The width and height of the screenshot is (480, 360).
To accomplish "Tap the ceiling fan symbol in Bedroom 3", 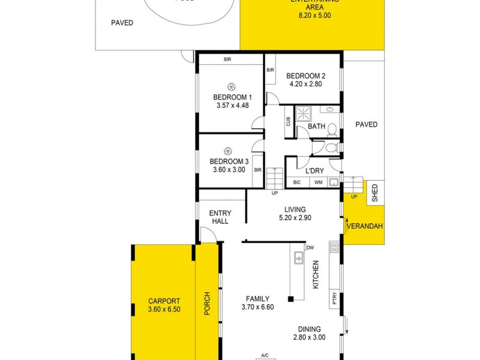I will point(227,151).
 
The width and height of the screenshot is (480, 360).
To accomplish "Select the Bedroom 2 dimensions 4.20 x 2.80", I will point(305,85).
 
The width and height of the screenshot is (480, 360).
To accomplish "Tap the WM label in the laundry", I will point(318,182).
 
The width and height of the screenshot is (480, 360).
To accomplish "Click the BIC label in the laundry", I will point(297,182).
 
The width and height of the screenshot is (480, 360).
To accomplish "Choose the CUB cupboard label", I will point(289,121).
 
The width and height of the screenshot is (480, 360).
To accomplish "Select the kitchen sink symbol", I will point(298,259).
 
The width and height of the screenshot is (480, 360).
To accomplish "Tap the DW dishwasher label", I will point(310,247).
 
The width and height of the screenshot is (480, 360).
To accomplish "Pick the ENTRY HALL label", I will point(220,217).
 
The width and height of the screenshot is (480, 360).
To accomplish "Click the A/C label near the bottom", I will point(265,354).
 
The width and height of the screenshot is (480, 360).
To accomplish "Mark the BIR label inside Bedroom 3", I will point(258,170).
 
